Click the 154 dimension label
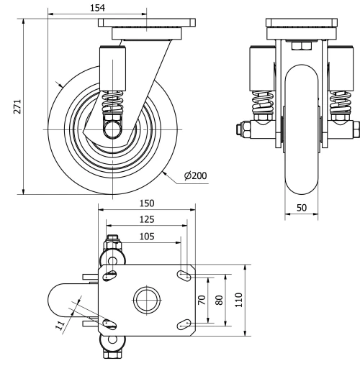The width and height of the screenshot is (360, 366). click(96, 7)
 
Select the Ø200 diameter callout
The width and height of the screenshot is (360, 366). click(196, 176)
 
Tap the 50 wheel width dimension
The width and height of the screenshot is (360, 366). click(302, 207)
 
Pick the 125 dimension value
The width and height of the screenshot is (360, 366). click(147, 219)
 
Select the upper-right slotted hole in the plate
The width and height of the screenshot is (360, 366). click(184, 274)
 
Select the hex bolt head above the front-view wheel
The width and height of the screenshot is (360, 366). click(301, 47)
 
